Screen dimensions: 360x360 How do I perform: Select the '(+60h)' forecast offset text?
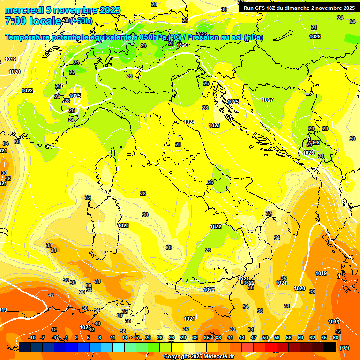(82, 21)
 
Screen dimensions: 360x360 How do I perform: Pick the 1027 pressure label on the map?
(268, 100)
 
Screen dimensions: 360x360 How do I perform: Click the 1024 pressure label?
(189, 122)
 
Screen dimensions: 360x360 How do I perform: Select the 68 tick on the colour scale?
(336, 337)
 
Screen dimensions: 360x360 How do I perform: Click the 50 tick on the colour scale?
(265, 337)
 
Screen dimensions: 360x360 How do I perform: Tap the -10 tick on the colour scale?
(32, 337)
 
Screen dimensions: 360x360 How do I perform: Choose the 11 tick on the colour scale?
(112, 337)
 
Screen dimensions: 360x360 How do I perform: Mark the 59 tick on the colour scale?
(300, 337)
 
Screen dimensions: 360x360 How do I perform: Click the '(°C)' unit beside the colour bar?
(344, 348)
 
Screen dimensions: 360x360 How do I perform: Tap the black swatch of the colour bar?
(330, 347)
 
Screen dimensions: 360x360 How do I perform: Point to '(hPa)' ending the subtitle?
(253, 37)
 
